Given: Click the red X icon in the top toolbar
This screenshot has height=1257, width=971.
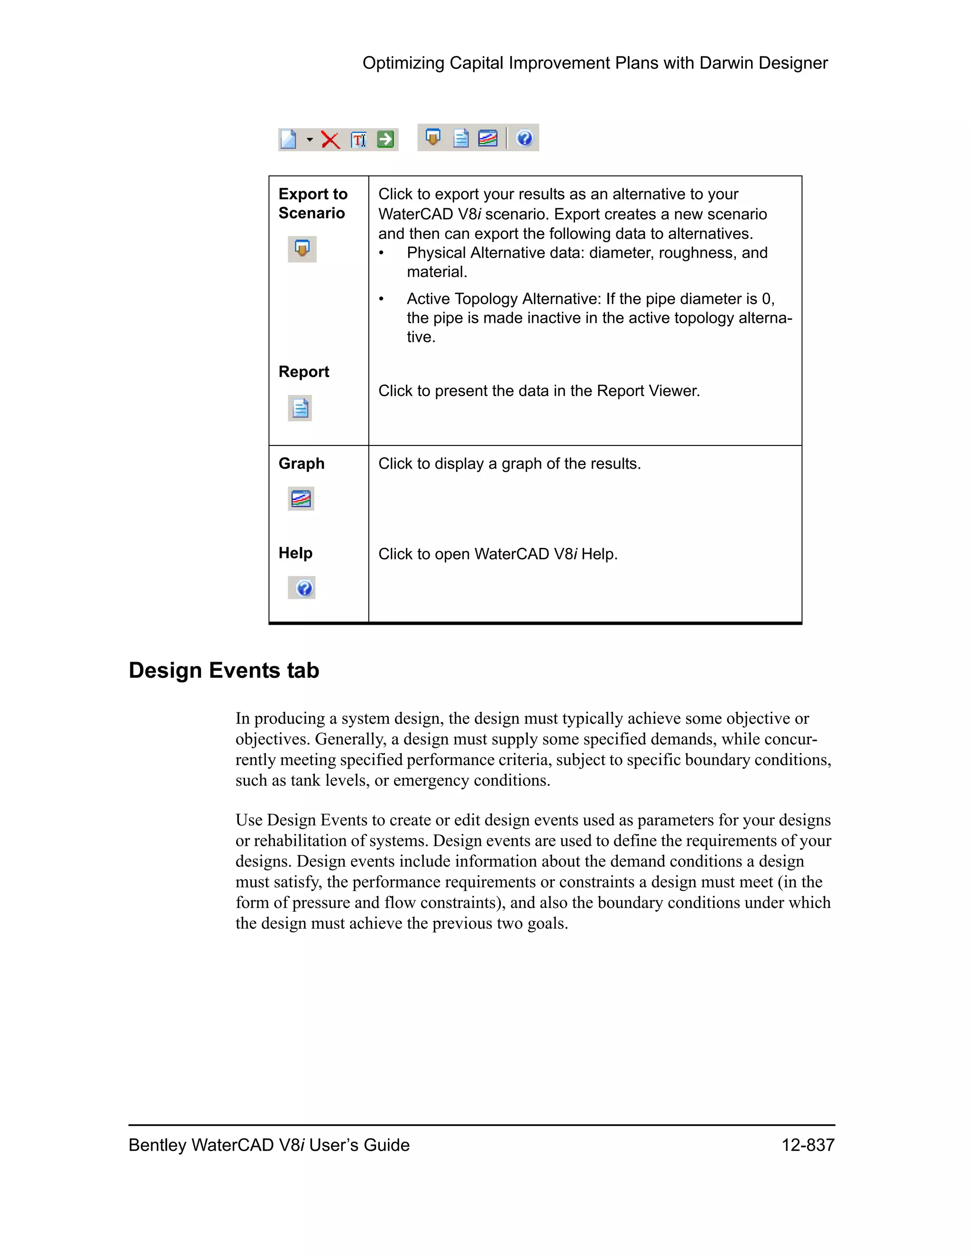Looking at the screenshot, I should [x=330, y=140].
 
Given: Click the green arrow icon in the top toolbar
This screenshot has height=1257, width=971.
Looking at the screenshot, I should [x=385, y=139].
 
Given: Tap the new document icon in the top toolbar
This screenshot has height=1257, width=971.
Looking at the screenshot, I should [x=288, y=139].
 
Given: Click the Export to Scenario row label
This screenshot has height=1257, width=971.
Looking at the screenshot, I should [x=313, y=203].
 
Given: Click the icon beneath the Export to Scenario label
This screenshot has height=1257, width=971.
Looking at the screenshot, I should [x=302, y=249].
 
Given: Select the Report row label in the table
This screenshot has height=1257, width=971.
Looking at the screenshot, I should [x=304, y=372].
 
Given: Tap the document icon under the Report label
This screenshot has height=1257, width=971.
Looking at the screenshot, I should [x=300, y=408].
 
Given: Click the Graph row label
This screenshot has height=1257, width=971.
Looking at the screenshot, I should [x=302, y=463].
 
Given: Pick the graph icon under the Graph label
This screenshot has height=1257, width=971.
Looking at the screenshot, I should [x=301, y=499].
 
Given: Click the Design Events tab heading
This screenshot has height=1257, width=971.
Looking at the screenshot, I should [x=224, y=671].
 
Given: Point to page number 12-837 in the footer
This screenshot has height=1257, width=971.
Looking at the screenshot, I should [x=807, y=1146].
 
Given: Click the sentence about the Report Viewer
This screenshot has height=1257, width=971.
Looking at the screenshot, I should [x=539, y=391].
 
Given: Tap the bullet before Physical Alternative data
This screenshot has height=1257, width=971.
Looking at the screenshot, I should [x=381, y=253].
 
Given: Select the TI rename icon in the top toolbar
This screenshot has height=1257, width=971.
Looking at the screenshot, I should [x=358, y=140].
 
